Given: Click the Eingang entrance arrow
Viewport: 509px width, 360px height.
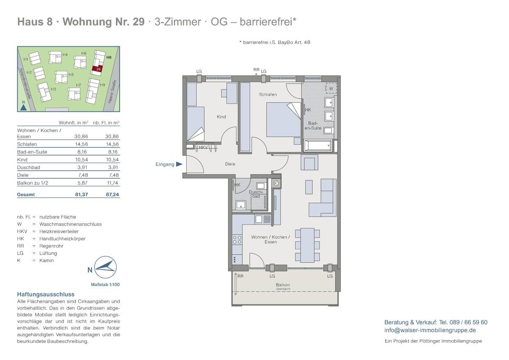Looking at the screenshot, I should (179, 164).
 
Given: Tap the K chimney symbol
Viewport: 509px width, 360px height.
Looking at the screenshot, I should (276, 183).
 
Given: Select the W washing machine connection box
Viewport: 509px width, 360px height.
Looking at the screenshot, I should (330, 88).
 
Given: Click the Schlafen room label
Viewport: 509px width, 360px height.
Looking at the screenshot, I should (268, 95).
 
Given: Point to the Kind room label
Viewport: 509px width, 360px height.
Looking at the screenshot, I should (221, 117).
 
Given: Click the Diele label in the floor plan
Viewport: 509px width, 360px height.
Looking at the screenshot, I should (230, 164).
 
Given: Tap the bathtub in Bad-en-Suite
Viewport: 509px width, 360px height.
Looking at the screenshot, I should (318, 146).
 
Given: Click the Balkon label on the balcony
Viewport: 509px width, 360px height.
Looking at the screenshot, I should (282, 285).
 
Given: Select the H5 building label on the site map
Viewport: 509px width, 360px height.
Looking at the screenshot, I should (71, 74).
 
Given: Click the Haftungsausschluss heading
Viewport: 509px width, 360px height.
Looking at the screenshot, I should (46, 294).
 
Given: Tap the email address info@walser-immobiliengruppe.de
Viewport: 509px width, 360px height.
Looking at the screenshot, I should (430, 330).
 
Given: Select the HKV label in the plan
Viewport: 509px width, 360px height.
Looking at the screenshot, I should (203, 147).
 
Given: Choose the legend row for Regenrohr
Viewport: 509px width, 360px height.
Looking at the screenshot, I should (51, 246).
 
